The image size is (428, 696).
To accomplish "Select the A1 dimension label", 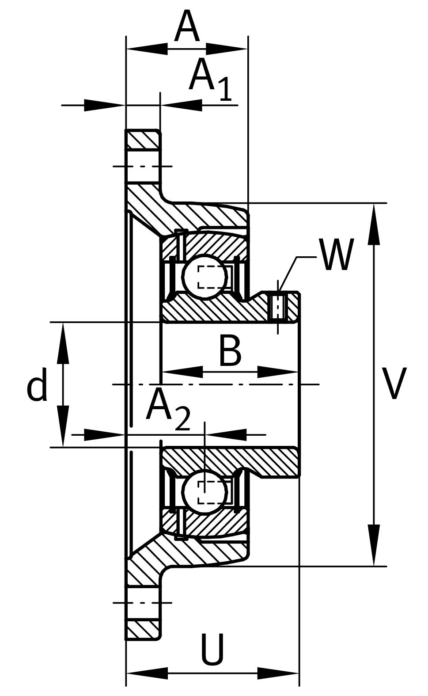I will pos(209,78).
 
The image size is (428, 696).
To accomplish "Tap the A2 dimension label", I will pos(168,409).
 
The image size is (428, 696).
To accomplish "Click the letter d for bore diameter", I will pos(37,384).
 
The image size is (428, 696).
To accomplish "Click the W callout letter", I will pos(337,255).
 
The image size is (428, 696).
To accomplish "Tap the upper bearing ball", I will pos(205,277).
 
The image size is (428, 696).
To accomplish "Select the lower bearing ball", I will pos(205,492).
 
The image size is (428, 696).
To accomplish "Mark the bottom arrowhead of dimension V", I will pos(374,546).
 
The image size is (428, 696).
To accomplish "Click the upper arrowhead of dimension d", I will pos(63,342).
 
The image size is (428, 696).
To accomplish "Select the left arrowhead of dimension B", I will pos(181,372).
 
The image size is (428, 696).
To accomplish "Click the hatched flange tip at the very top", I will pos(143,140).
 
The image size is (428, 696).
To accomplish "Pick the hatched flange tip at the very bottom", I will pos(143,629).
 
